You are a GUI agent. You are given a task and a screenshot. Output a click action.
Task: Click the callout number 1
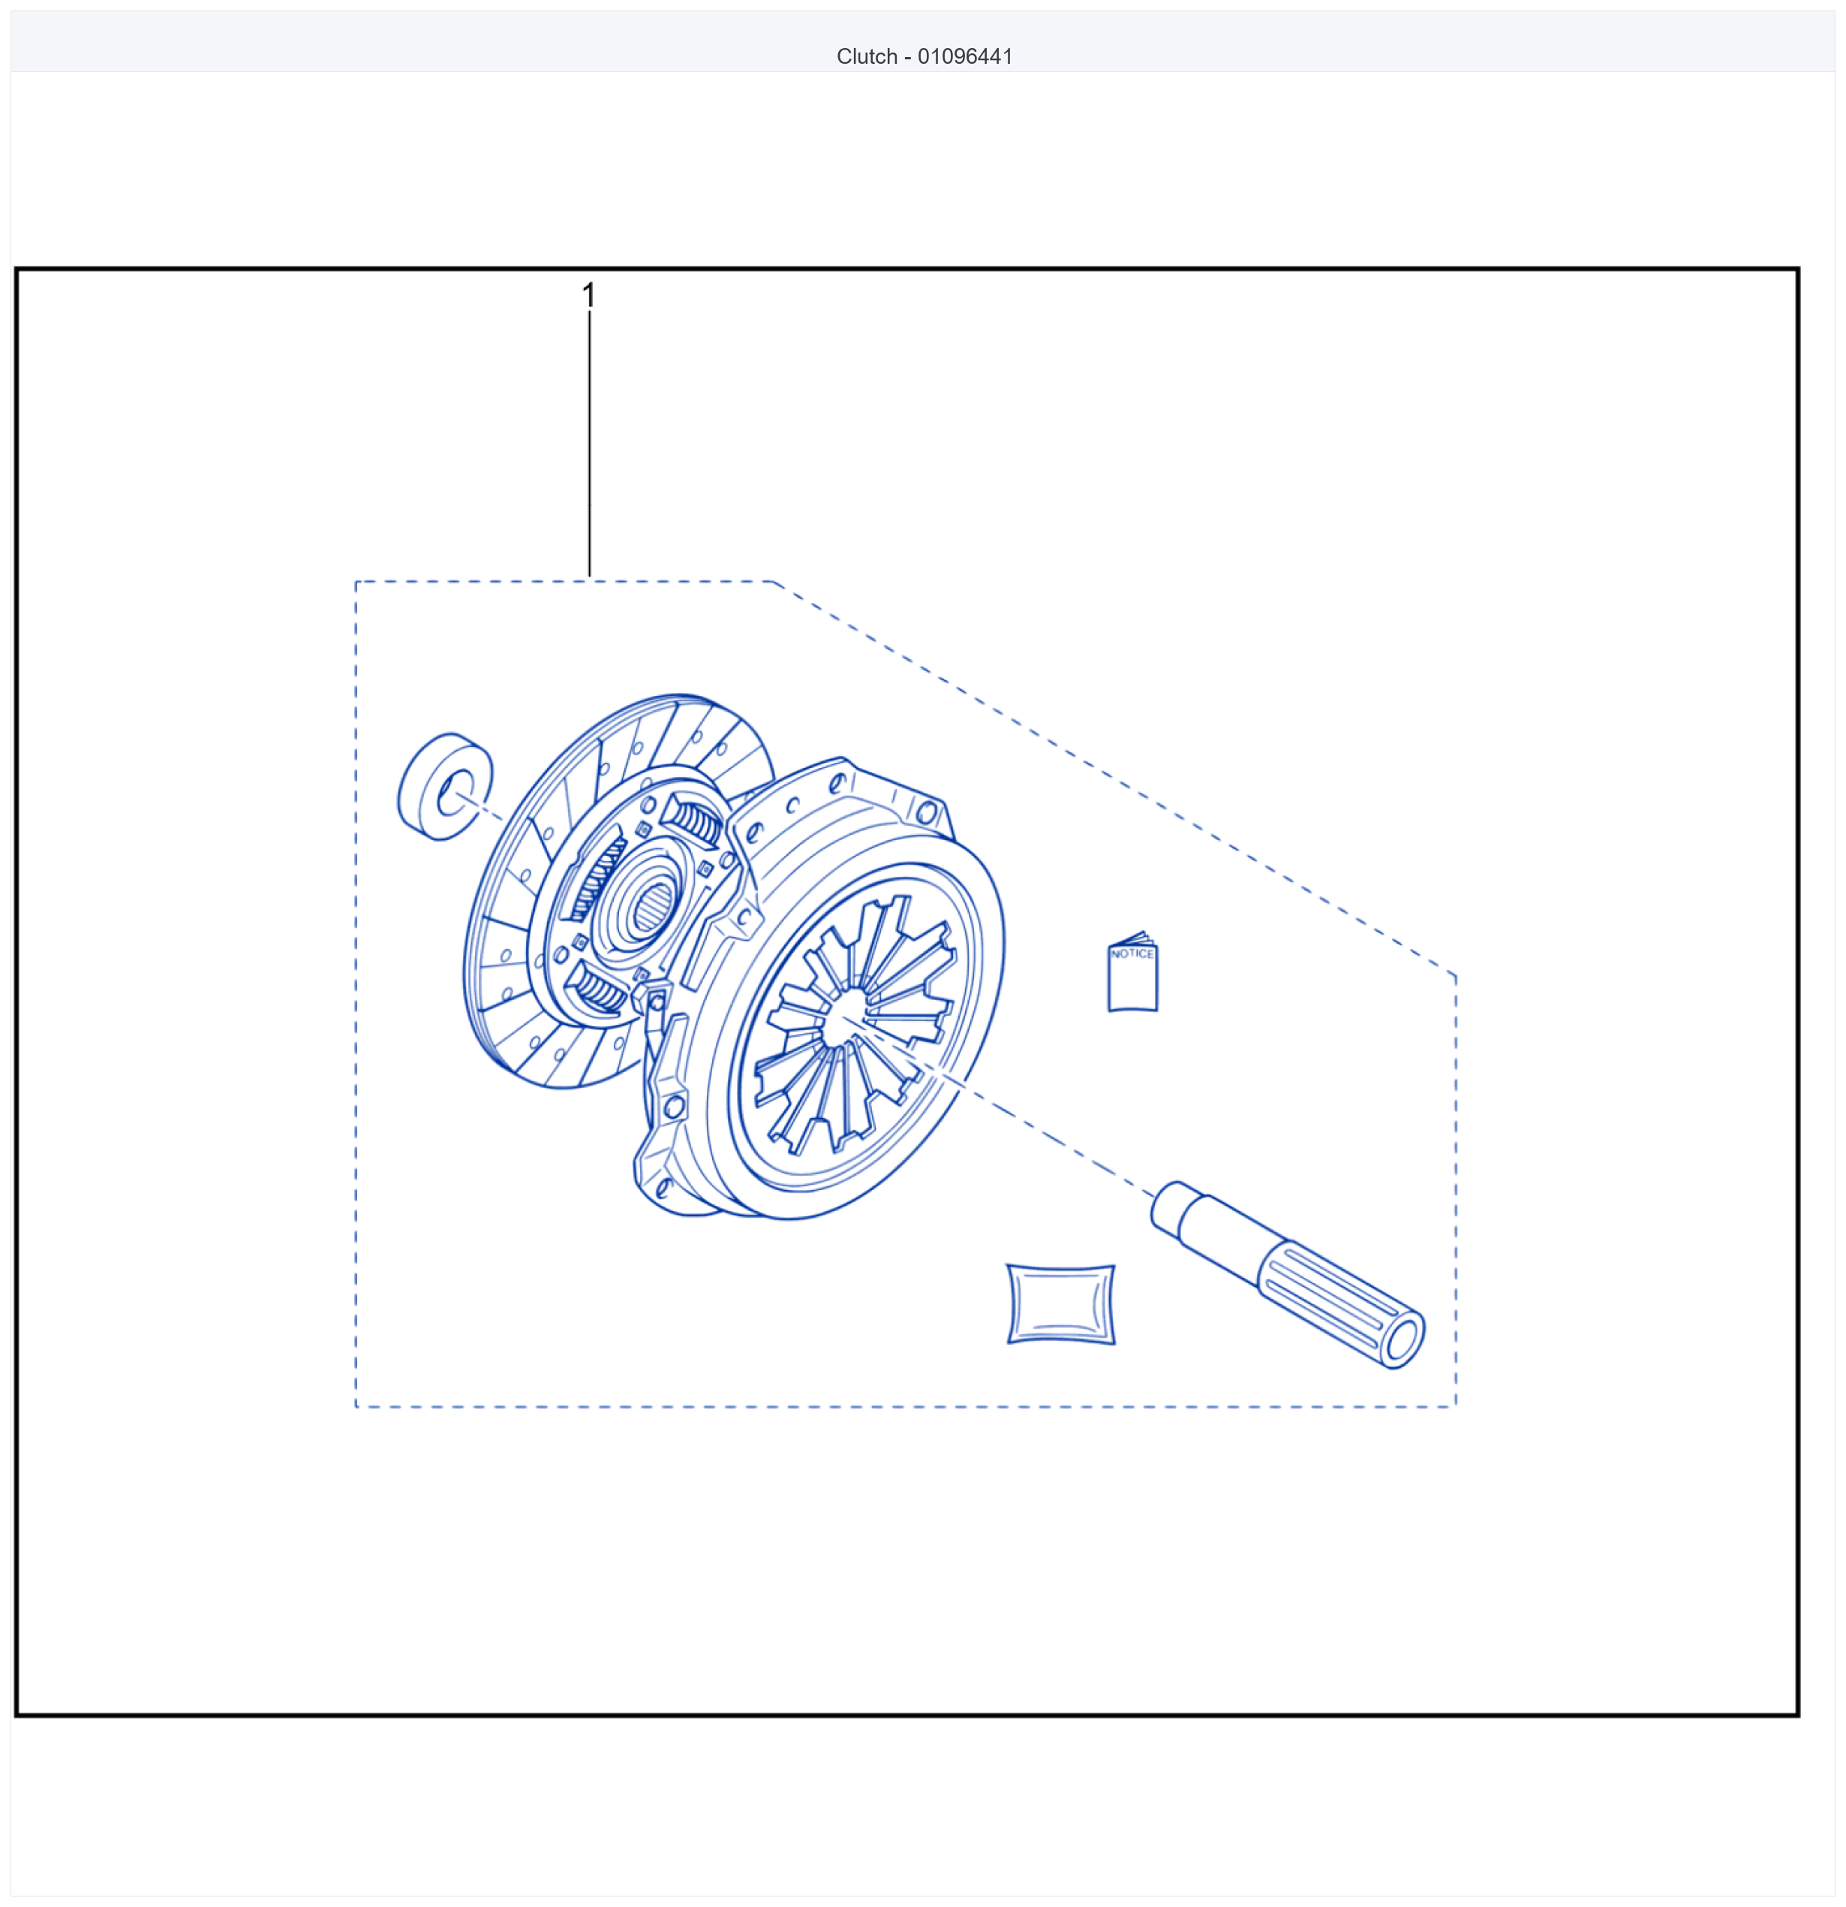pyautogui.click(x=588, y=295)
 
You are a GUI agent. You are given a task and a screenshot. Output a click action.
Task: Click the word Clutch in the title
pyautogui.click(x=867, y=56)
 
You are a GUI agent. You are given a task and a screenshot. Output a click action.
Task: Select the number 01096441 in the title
pyautogui.click(x=965, y=56)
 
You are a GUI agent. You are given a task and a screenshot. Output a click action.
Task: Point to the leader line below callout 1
pyautogui.click(x=589, y=444)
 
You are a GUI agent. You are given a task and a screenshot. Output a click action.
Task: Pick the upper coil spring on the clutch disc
pyautogui.click(x=694, y=823)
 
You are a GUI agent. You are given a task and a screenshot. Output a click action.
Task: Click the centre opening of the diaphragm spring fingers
pyautogui.click(x=844, y=1020)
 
